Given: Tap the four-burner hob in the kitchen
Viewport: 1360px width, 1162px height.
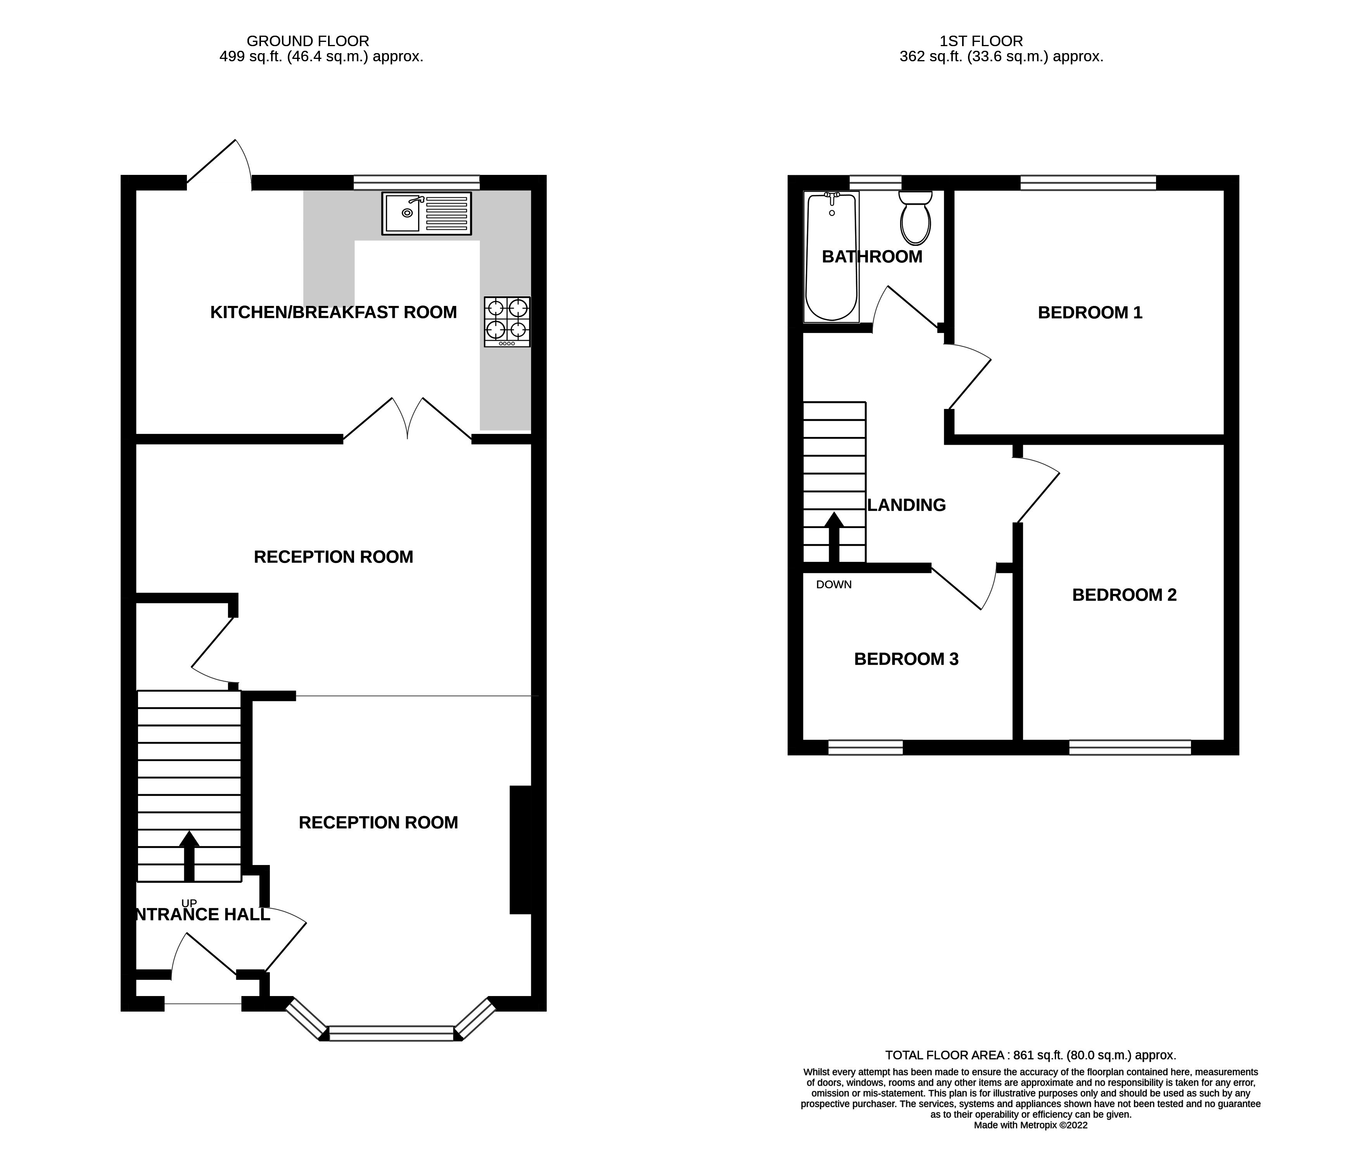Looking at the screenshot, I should point(507,321).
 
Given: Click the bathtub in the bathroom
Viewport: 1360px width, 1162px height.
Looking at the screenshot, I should point(831,257).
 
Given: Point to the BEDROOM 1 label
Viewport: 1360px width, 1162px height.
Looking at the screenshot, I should point(1090,313).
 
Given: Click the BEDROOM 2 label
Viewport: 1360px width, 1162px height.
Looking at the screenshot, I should point(1124,595).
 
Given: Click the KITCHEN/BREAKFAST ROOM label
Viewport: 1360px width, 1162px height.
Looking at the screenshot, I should point(334,313).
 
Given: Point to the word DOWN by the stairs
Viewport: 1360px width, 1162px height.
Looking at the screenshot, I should point(834,585).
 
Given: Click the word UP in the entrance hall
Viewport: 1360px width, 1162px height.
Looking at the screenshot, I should point(189,903).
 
